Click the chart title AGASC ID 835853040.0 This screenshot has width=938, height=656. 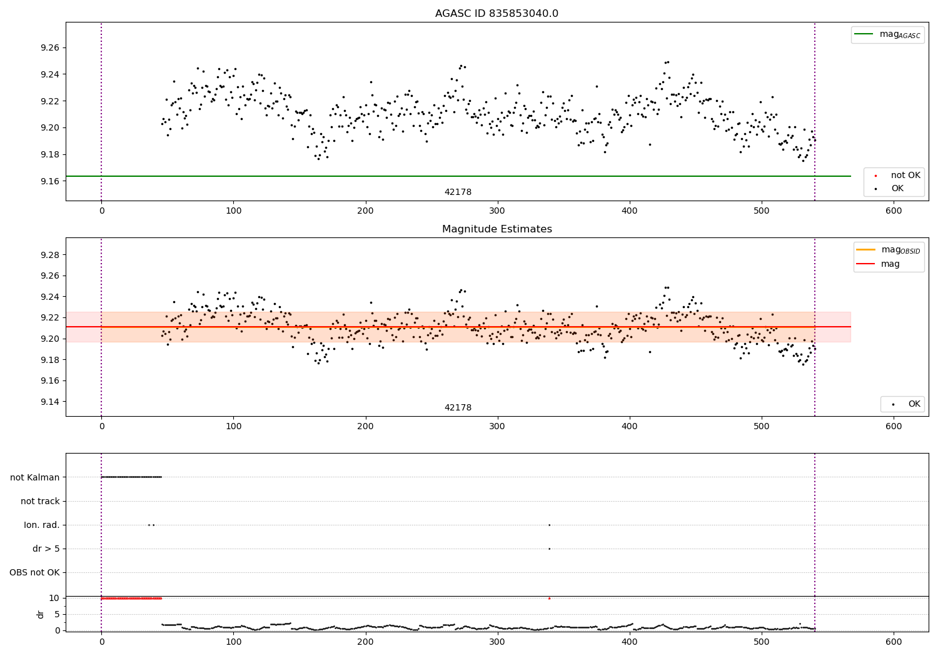coord(497,14)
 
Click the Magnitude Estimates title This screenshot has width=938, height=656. coord(497,229)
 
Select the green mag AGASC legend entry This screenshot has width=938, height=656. coord(887,34)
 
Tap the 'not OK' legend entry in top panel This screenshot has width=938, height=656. coord(905,176)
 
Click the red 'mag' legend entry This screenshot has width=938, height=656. coord(890,264)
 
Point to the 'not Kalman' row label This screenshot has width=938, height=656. coord(35,477)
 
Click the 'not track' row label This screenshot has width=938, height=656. coord(40,501)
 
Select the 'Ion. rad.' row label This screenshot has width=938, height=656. coord(42,525)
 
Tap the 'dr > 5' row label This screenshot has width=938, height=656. coord(46,549)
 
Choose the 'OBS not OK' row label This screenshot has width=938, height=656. coord(34,572)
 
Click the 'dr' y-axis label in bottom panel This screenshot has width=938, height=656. coord(41,614)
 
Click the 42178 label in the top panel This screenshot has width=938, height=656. coord(458,192)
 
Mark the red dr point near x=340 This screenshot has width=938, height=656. coord(549,599)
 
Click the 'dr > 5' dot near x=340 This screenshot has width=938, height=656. coord(549,549)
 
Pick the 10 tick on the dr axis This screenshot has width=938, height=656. coord(55,598)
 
